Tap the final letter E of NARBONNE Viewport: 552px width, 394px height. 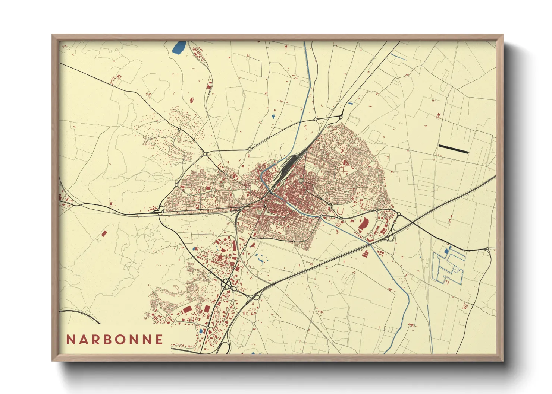159,340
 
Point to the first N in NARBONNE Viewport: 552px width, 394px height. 70,340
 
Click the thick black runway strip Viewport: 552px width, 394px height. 454,149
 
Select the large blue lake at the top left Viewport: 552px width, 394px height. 179,47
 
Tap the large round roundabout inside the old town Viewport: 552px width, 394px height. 301,181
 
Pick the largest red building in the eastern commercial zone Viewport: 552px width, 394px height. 363,224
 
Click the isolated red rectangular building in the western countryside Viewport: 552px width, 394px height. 104,233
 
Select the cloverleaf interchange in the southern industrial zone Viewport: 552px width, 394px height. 227,285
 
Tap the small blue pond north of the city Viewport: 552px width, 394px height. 273,116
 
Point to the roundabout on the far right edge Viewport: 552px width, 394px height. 488,249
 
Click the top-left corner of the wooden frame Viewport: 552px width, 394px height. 53,36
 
